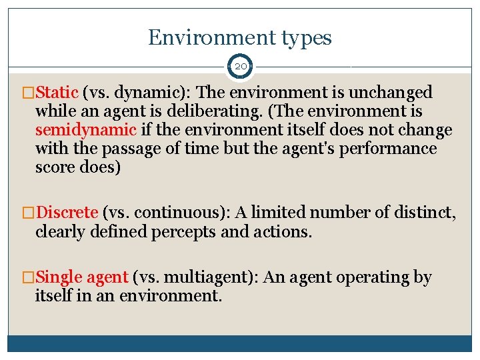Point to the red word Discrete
click(67, 213)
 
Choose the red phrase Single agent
click(82, 277)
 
